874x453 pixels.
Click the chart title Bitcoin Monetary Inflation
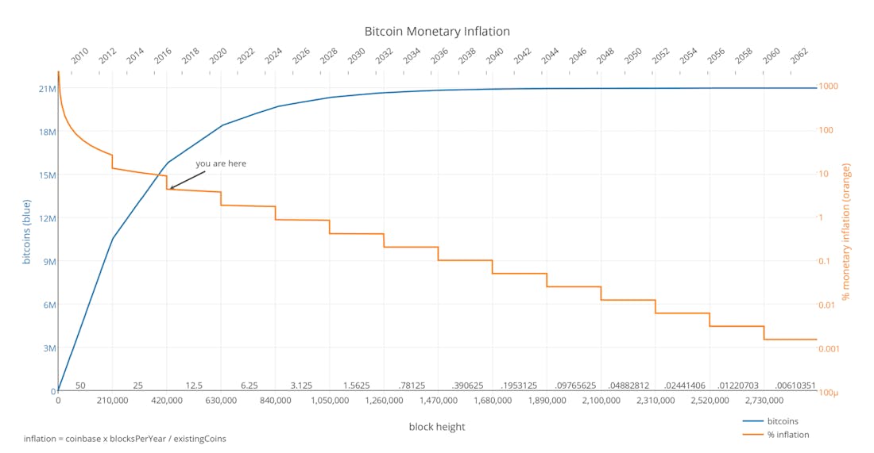[437, 32]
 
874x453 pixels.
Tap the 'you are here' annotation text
[221, 163]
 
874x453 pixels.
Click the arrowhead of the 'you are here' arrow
[171, 188]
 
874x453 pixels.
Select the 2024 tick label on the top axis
[273, 56]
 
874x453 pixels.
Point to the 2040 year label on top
[494, 56]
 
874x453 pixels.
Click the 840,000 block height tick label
[275, 401]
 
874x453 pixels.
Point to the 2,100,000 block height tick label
[601, 401]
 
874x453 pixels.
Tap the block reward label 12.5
[194, 386]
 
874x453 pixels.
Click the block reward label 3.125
[301, 386]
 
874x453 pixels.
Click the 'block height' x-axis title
[437, 427]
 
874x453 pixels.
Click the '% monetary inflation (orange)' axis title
[847, 232]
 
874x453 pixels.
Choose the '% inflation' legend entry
[787, 434]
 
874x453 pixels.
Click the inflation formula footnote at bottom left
[125, 439]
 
